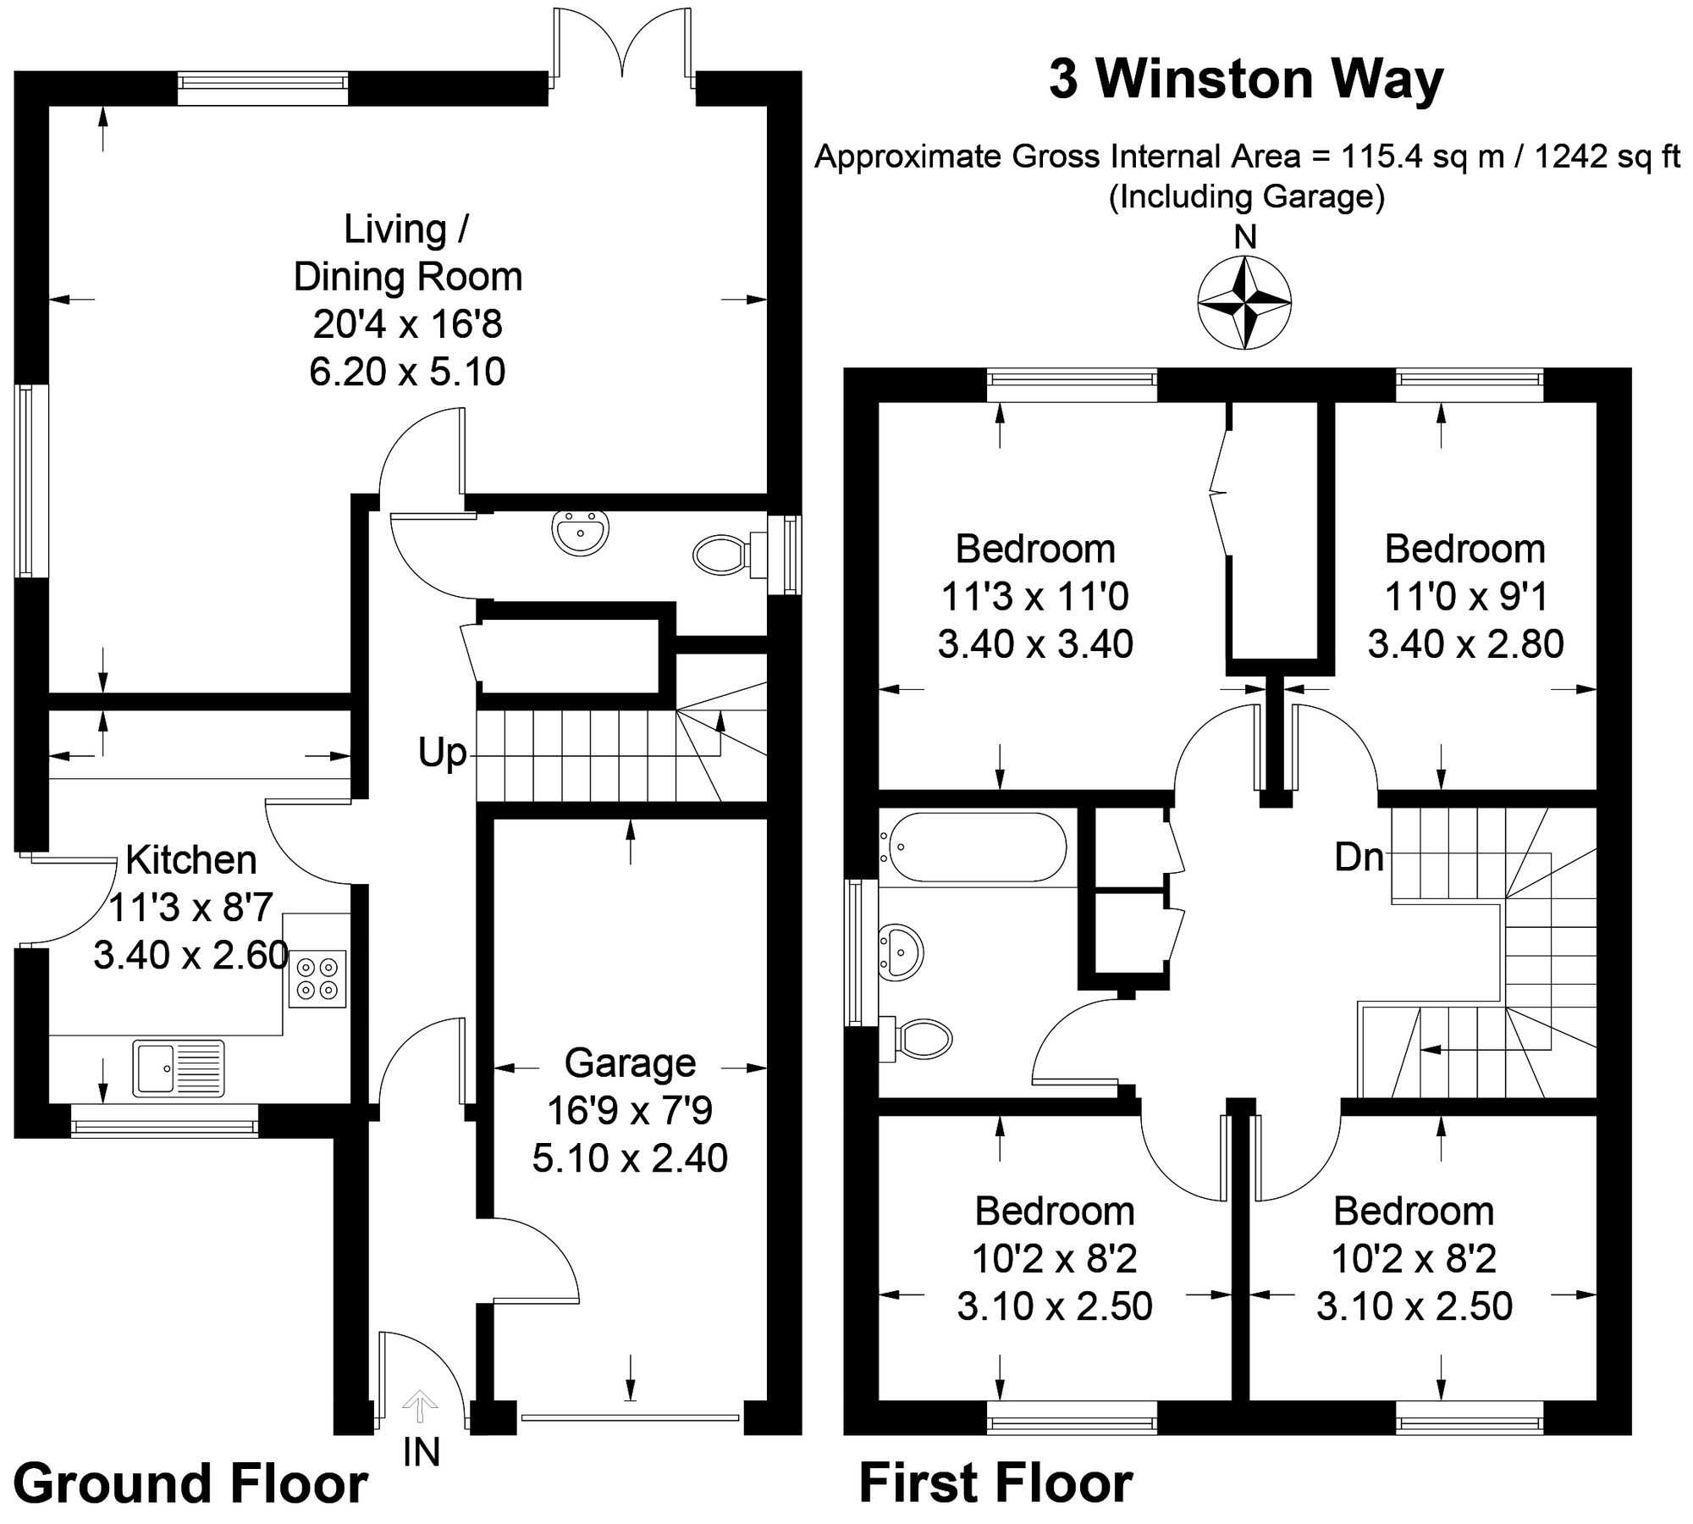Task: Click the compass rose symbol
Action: click(1244, 302)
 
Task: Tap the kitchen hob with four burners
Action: click(317, 979)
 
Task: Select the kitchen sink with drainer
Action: click(179, 1068)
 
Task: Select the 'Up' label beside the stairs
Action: click(442, 753)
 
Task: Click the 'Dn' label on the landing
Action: click(1359, 858)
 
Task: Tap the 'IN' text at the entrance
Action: click(421, 1453)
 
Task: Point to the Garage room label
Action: click(630, 1063)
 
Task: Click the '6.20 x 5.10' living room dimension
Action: click(407, 372)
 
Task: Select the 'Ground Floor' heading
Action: click(190, 1483)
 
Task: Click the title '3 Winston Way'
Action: click(1245, 80)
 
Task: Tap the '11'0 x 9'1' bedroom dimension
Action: click(1465, 597)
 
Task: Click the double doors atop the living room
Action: click(623, 47)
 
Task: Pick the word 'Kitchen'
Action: click(191, 860)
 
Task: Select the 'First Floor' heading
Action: click(995, 1483)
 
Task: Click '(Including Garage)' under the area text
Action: click(1247, 196)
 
